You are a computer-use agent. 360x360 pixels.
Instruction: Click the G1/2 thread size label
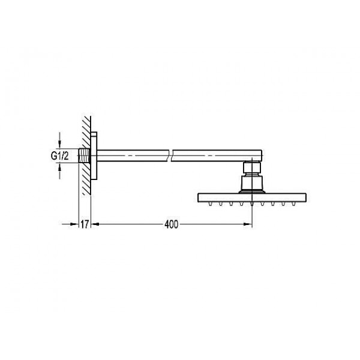point(59,156)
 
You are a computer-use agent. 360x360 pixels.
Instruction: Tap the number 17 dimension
point(85,224)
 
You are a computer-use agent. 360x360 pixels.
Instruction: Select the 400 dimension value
point(171,224)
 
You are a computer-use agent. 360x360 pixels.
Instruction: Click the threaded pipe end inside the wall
point(84,156)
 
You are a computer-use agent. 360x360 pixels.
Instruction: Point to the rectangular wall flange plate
point(94,155)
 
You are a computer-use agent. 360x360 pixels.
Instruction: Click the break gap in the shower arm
point(170,155)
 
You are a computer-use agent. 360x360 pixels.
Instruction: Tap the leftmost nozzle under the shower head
point(210,203)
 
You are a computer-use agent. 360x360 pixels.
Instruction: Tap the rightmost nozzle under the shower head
point(293,203)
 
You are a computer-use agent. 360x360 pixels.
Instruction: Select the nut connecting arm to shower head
point(252,167)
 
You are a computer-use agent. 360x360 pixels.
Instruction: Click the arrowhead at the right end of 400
point(248,224)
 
